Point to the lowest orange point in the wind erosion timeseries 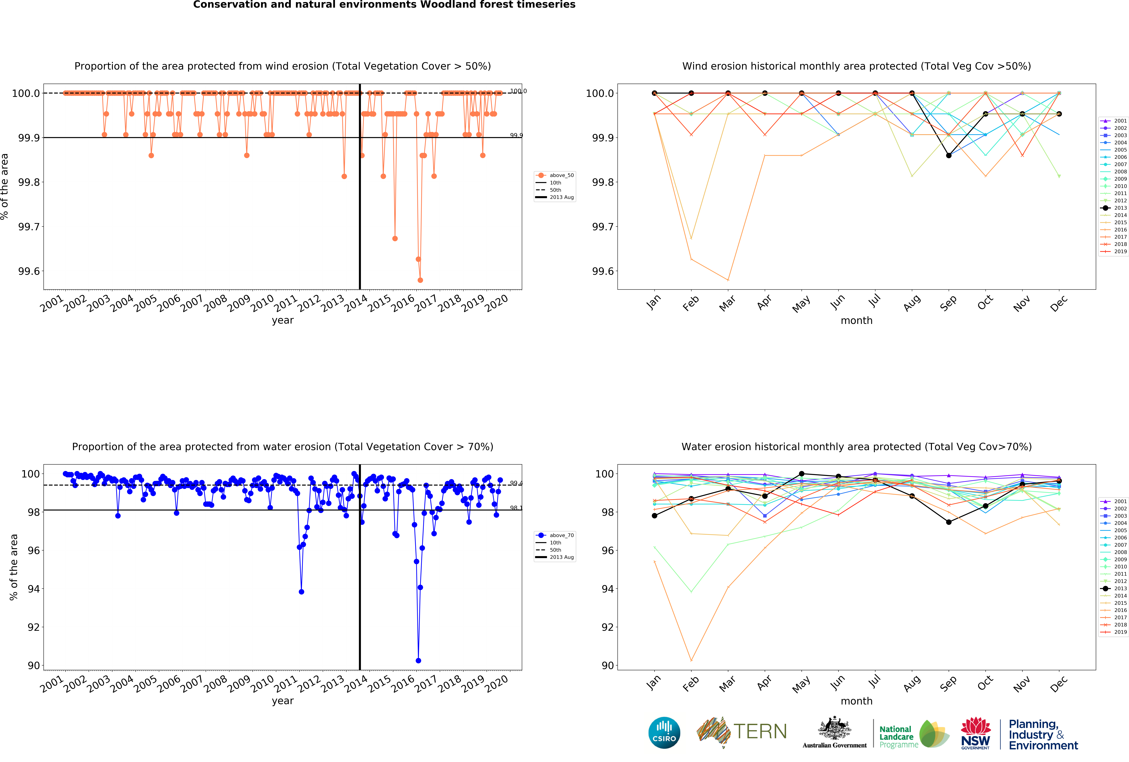point(420,280)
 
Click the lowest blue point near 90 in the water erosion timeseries point(418,661)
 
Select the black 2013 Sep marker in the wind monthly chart point(949,155)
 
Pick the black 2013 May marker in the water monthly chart point(802,474)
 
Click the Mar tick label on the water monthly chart point(727,683)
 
